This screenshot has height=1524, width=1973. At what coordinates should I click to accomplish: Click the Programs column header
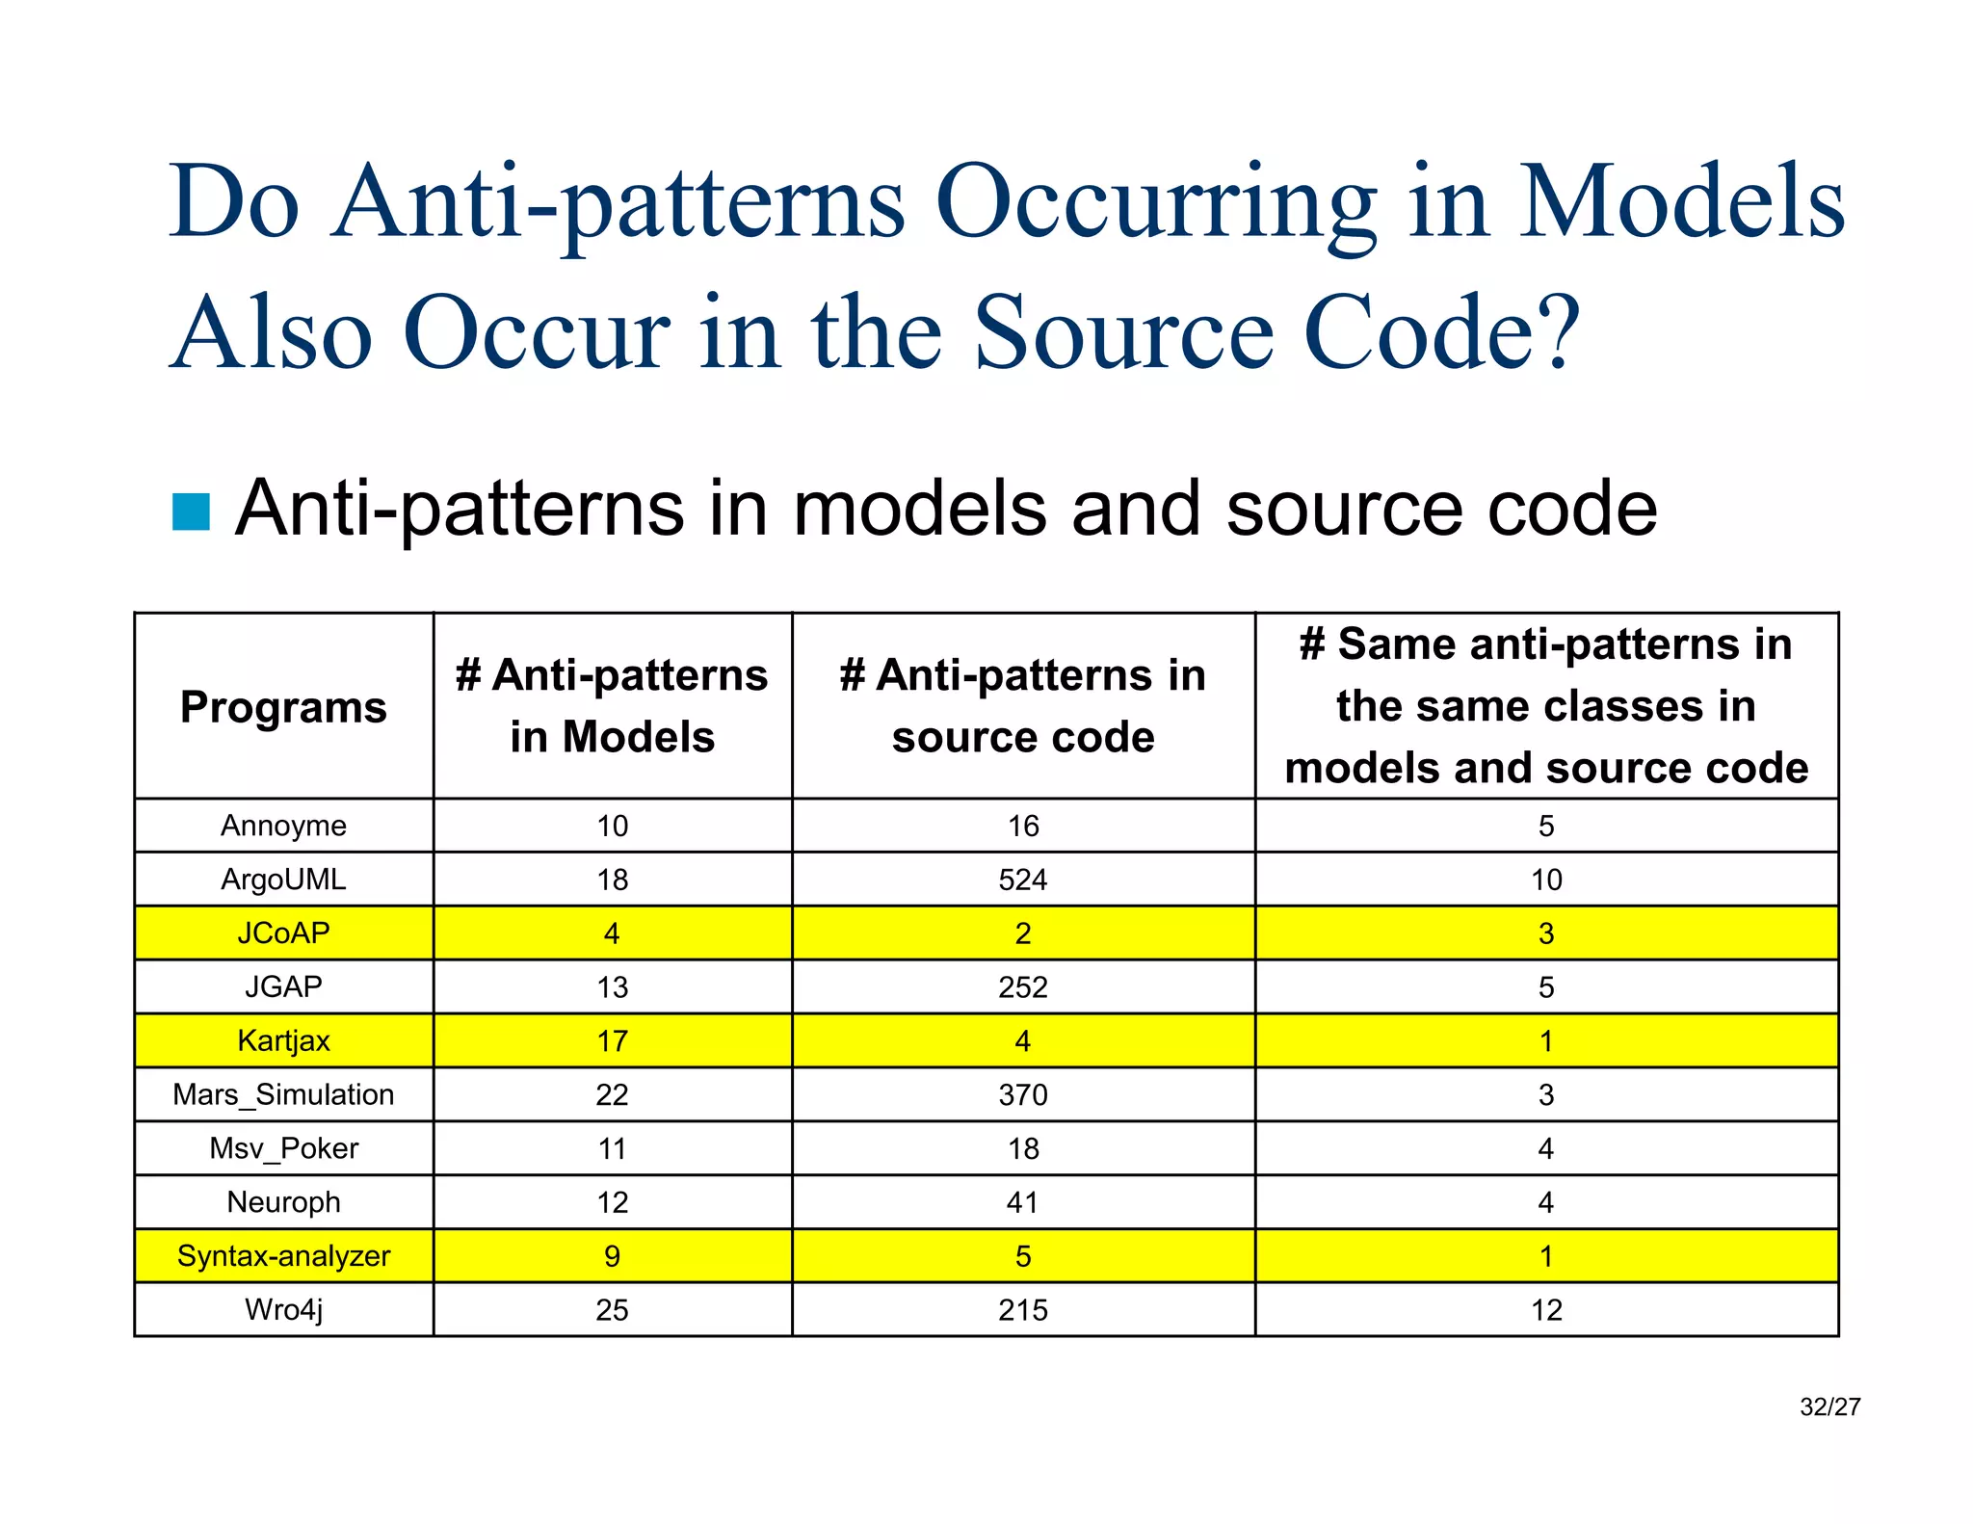pyautogui.click(x=283, y=707)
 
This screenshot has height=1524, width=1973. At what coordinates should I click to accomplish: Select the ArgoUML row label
pyautogui.click(x=283, y=880)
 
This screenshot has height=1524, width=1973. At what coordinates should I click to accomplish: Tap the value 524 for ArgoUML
pyautogui.click(x=1022, y=880)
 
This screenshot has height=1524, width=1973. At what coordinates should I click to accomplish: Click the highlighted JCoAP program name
pyautogui.click(x=283, y=933)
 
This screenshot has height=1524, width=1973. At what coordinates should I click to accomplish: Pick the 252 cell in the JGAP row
pyautogui.click(x=1022, y=986)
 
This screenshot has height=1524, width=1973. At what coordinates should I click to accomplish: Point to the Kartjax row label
pyautogui.click(x=283, y=1040)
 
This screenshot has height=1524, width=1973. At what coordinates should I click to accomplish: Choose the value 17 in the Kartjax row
pyautogui.click(x=612, y=1040)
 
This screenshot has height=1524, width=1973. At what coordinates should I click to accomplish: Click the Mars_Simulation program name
pyautogui.click(x=283, y=1094)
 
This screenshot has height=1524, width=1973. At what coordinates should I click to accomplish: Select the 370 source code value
pyautogui.click(x=1022, y=1094)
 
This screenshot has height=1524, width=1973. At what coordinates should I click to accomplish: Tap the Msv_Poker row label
pyautogui.click(x=283, y=1148)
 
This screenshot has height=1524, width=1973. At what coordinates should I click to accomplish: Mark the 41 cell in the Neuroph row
pyautogui.click(x=1022, y=1202)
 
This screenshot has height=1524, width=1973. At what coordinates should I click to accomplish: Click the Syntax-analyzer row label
pyautogui.click(x=283, y=1256)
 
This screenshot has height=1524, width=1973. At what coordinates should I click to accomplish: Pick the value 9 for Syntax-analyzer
pyautogui.click(x=612, y=1256)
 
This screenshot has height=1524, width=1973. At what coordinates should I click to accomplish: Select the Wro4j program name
pyautogui.click(x=283, y=1310)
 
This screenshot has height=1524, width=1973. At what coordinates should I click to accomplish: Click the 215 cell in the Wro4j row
pyautogui.click(x=1022, y=1310)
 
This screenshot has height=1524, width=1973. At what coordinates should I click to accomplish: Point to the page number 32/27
pyautogui.click(x=1829, y=1407)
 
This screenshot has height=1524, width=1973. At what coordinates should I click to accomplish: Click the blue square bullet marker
pyautogui.click(x=191, y=512)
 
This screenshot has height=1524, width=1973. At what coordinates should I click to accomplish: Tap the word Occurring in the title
pyautogui.click(x=1155, y=202)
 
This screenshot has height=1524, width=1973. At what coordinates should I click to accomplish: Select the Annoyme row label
pyautogui.click(x=283, y=826)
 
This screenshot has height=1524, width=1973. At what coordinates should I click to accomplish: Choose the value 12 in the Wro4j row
pyautogui.click(x=1545, y=1310)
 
